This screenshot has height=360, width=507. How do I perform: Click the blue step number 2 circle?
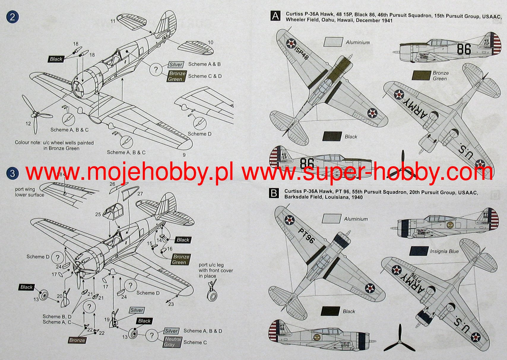(12, 17)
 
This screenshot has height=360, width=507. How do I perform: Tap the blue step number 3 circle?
(12, 173)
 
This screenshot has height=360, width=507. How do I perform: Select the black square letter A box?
(275, 16)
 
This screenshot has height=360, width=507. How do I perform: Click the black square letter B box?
(274, 194)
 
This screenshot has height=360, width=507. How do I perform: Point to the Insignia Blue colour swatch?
(419, 251)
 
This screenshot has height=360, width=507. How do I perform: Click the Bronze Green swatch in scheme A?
(421, 76)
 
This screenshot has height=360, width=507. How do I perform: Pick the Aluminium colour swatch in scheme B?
(331, 219)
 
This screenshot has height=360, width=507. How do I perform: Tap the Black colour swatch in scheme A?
(332, 137)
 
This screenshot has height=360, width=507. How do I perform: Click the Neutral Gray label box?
(172, 342)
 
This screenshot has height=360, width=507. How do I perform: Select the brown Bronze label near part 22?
(77, 340)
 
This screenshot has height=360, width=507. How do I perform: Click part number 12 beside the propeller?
(28, 123)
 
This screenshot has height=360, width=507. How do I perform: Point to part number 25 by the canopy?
(98, 214)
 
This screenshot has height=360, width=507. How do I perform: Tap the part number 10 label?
(210, 42)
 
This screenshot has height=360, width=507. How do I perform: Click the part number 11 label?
(113, 21)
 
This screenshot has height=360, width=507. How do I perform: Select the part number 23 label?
(171, 304)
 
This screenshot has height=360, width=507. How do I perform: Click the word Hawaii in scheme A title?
(346, 20)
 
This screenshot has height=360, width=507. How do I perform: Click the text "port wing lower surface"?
(29, 192)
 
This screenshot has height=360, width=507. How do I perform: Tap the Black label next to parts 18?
(56, 59)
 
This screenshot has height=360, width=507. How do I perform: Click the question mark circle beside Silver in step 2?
(156, 70)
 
